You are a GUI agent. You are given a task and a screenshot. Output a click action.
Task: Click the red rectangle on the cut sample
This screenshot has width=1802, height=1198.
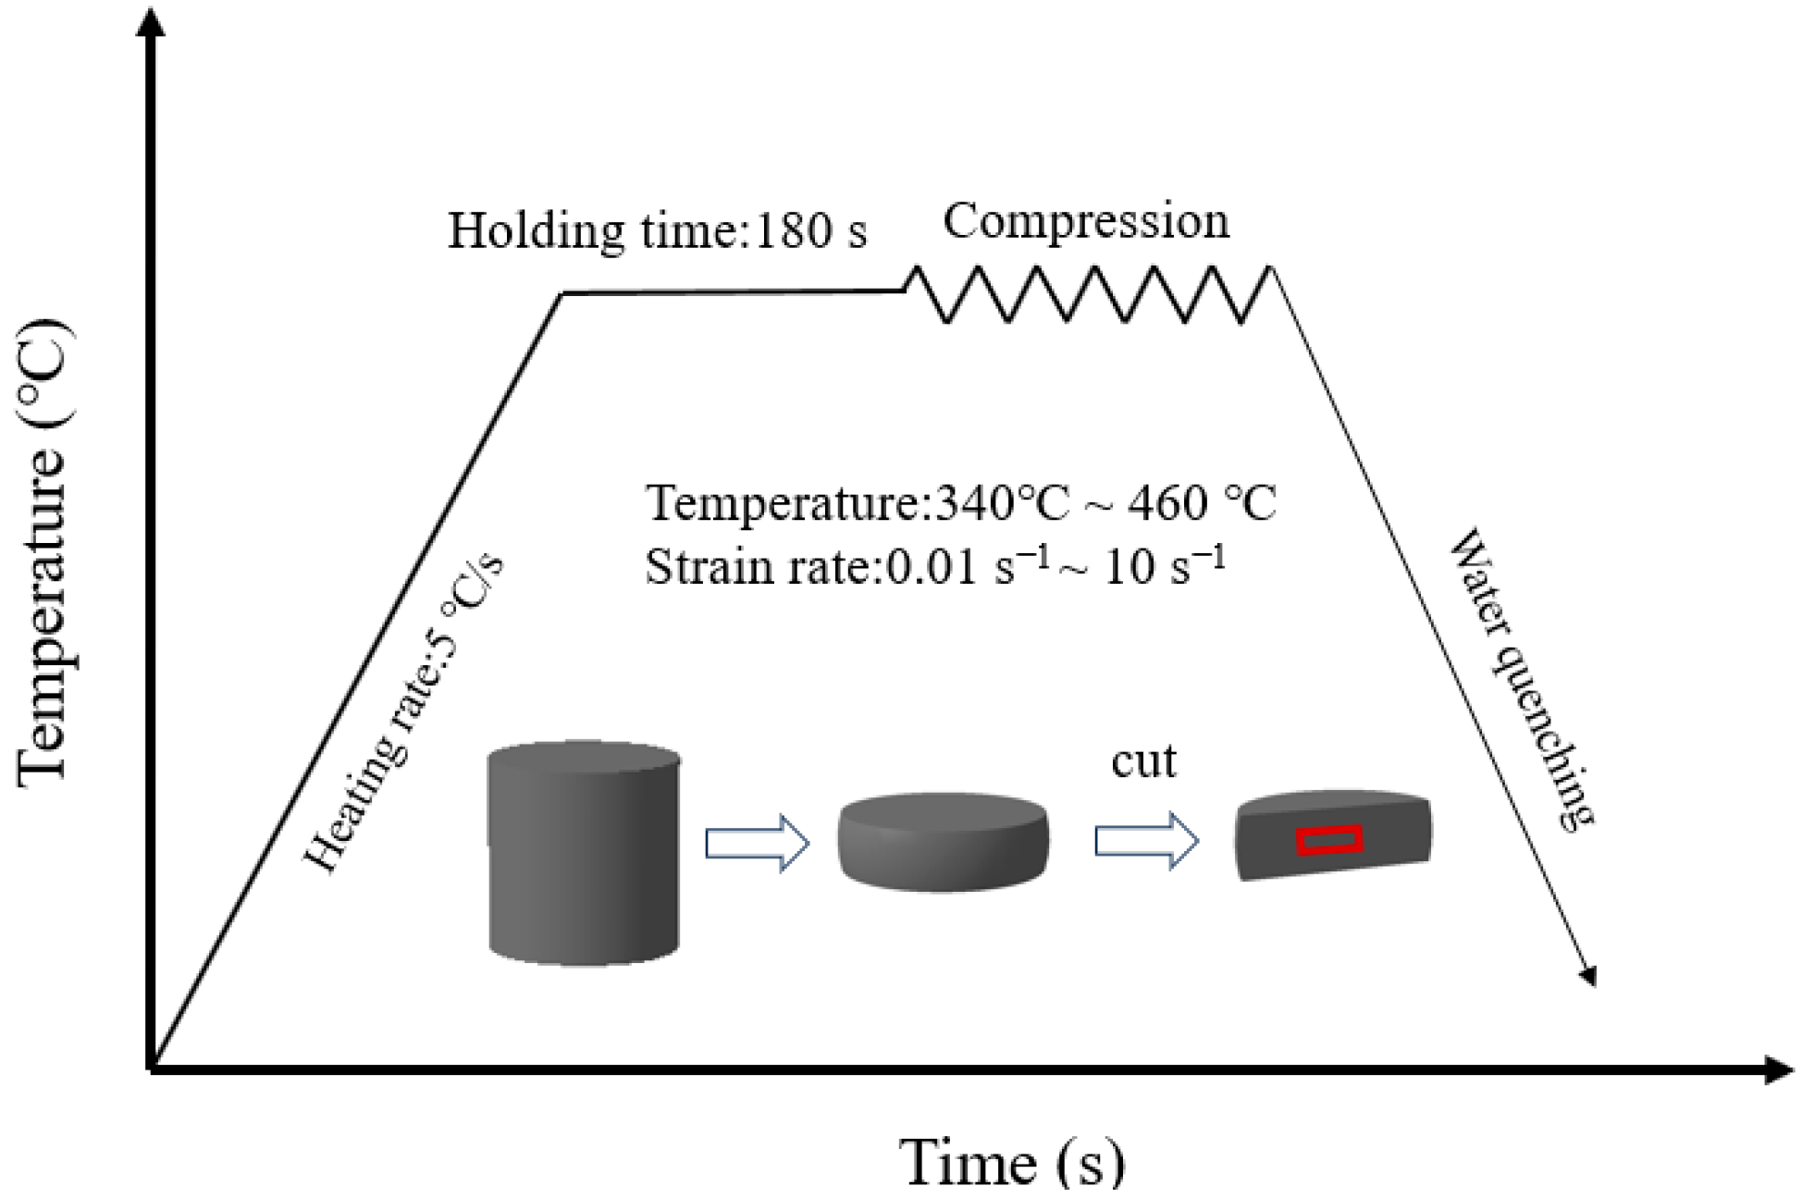[x=1329, y=840]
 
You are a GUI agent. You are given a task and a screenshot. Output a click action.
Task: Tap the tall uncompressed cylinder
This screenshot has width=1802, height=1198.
[x=584, y=853]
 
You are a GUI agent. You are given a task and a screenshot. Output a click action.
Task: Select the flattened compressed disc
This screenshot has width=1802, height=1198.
[x=943, y=841]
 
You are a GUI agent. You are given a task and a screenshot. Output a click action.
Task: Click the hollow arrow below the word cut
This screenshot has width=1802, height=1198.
[x=1147, y=841]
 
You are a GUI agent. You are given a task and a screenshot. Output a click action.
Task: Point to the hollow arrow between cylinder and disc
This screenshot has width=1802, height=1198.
[x=758, y=842]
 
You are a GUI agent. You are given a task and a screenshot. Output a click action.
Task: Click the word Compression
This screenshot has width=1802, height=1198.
[x=1086, y=222]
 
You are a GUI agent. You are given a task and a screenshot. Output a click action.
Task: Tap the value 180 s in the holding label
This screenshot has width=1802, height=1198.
[x=811, y=230]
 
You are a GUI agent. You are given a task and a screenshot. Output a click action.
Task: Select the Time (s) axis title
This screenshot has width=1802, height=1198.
[x=1013, y=1161]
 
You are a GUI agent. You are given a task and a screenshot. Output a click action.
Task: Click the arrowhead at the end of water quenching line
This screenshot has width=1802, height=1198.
[x=1588, y=977]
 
